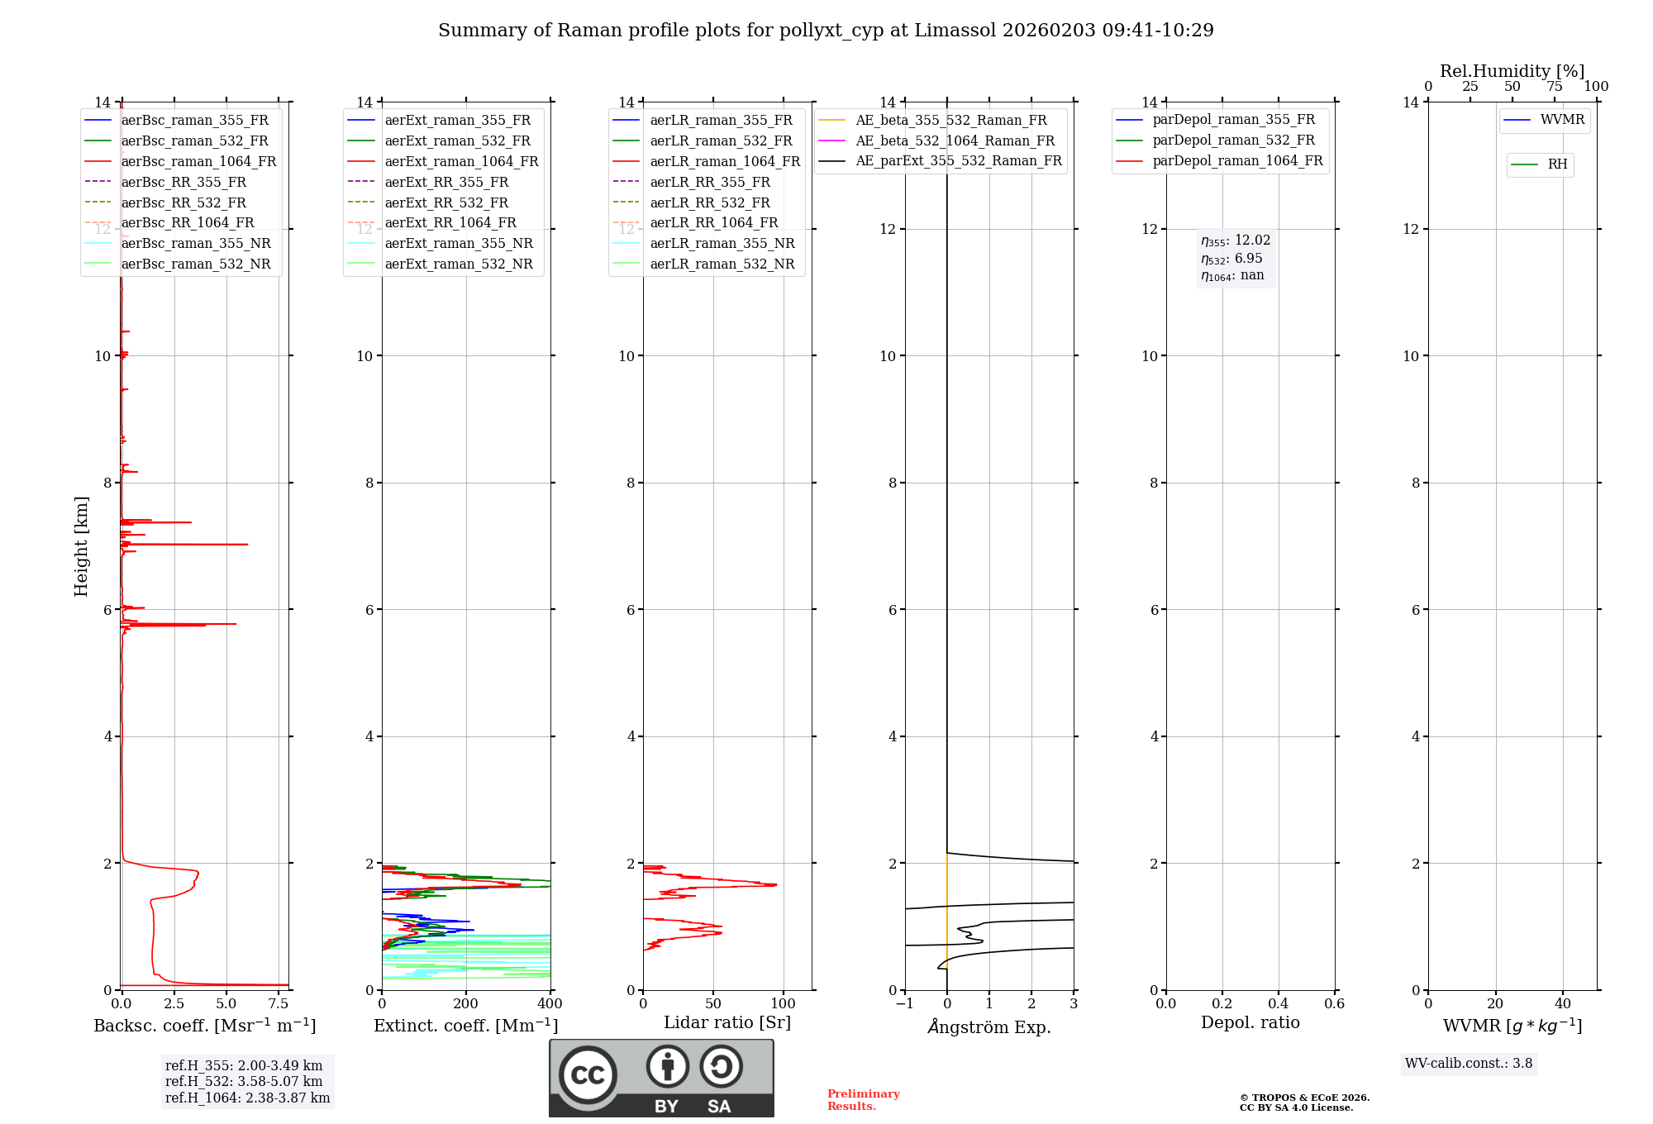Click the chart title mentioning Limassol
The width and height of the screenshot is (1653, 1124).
point(826,31)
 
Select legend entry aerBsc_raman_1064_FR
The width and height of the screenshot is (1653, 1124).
point(198,161)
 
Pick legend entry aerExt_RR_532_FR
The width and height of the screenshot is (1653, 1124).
point(446,202)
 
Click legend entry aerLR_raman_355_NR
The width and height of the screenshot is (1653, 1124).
point(722,243)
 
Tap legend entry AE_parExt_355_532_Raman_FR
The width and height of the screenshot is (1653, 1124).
point(958,160)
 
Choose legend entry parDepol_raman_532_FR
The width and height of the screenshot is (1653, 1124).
point(1233,140)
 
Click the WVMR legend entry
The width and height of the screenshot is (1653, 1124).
point(1562,120)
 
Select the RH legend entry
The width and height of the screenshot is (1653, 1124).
point(1557,164)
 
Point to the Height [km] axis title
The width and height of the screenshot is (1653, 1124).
point(81,545)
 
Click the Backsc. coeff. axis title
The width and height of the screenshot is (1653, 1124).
point(204,1026)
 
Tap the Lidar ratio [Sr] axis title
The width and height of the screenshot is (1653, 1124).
point(727,1022)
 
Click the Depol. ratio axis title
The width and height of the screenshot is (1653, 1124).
point(1250,1022)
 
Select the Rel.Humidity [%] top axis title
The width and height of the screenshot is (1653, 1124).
point(1512,71)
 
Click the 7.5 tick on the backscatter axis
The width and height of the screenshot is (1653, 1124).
point(279,1004)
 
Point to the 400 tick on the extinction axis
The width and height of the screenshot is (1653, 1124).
point(550,1004)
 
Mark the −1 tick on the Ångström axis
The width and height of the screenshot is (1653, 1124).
point(905,1004)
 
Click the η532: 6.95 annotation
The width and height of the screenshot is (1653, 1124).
point(1231,259)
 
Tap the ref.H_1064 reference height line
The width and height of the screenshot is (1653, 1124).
point(247,1098)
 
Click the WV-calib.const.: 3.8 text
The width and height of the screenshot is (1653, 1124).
point(1469,1064)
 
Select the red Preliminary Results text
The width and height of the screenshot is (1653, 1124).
point(863,1100)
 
